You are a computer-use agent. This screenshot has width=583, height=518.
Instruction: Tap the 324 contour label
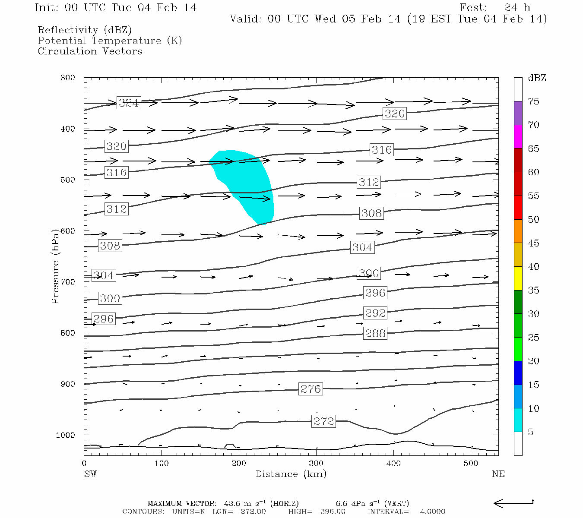[x=129, y=103]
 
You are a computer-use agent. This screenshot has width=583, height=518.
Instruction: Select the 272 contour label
[x=323, y=421]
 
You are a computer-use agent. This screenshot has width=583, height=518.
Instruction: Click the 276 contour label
[x=311, y=389]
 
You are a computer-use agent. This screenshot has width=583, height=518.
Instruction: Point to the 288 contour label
[x=375, y=333]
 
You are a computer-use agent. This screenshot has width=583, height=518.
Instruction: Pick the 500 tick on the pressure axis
[x=67, y=180]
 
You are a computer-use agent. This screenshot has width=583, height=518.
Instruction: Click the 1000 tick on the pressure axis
[x=65, y=435]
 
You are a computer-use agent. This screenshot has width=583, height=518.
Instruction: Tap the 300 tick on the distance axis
[x=316, y=464]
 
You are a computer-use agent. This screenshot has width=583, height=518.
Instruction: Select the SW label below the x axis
[x=90, y=474]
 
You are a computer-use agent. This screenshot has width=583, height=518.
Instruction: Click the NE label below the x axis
[x=498, y=474]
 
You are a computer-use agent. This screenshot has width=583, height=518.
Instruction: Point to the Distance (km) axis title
[x=291, y=474]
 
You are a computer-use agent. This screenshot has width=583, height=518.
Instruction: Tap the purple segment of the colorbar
[x=518, y=113]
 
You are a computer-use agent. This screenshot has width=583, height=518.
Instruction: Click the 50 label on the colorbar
[x=533, y=220]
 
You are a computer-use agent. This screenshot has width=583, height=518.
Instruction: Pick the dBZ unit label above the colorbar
[x=537, y=78]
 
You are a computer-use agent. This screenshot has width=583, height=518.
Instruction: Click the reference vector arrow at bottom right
[x=513, y=503]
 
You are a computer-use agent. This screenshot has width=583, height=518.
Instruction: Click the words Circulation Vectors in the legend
[x=90, y=51]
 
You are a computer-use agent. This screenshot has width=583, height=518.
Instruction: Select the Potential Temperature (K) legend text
[x=110, y=41]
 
